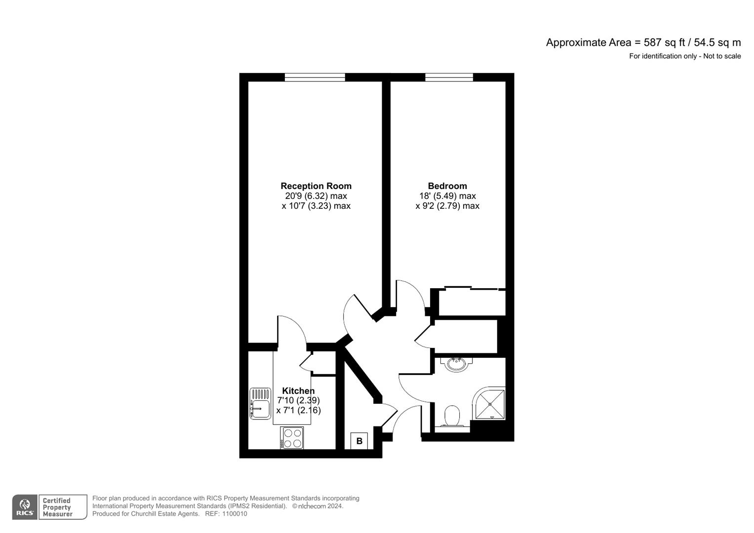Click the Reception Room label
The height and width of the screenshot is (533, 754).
point(316,186)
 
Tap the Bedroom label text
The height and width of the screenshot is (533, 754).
point(447,186)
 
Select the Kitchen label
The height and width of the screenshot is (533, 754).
point(298,391)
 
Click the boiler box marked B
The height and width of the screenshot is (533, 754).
point(359,441)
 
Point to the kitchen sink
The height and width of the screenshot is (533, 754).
point(260,404)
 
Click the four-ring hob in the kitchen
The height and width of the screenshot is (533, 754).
point(292,438)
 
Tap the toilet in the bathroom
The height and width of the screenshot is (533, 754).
point(452,416)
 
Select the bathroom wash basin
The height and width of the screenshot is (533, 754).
point(456,364)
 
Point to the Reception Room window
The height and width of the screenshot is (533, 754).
point(315,77)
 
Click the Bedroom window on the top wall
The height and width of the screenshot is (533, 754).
point(449,77)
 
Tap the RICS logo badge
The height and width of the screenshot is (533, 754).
point(24,507)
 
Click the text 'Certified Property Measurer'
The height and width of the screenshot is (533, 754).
point(57,507)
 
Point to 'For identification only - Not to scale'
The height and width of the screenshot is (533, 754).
point(685,56)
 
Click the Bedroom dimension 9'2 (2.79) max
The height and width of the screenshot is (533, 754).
point(447,206)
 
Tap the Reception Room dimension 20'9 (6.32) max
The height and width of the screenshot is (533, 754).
point(316,196)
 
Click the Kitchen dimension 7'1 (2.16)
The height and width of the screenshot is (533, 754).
point(298,410)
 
